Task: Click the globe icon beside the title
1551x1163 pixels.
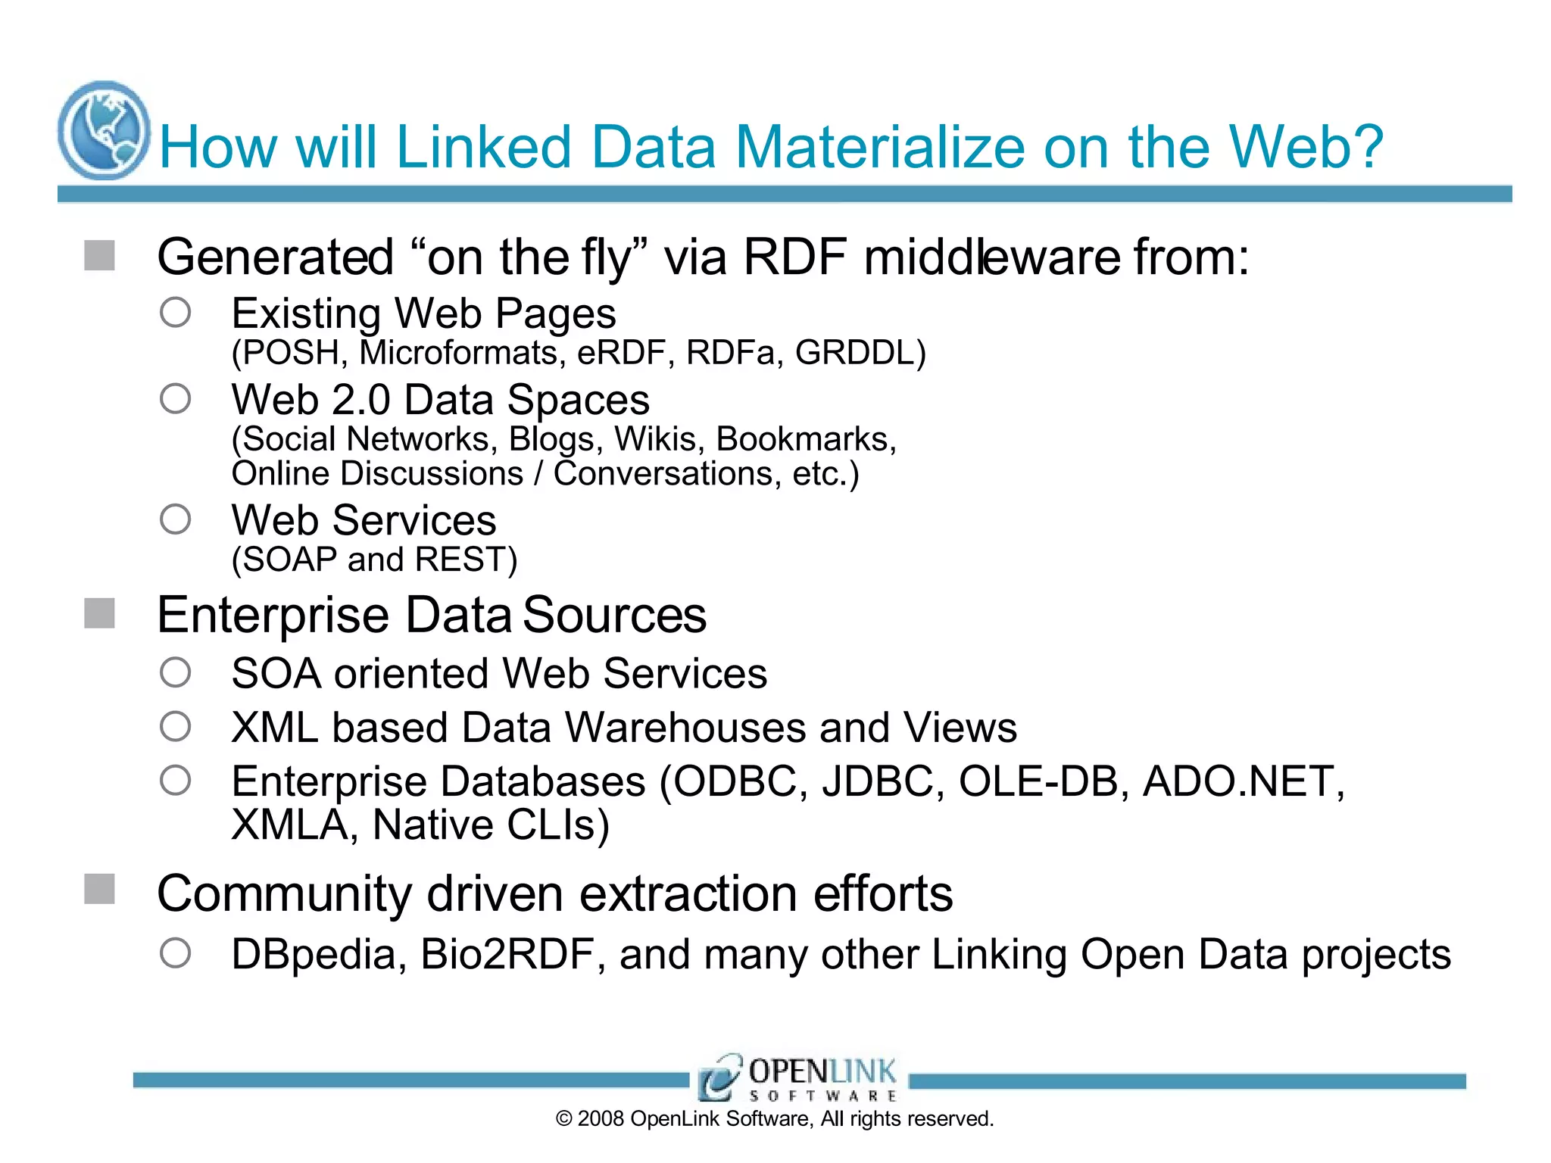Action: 104,130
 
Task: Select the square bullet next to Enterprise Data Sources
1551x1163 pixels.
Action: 99,613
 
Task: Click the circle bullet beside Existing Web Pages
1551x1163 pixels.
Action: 175,312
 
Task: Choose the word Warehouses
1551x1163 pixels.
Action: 685,728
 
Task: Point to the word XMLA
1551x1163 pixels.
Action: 290,825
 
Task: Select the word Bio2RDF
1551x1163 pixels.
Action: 507,954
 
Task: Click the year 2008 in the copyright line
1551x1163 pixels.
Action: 601,1119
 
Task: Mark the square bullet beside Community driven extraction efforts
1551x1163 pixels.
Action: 99,889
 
